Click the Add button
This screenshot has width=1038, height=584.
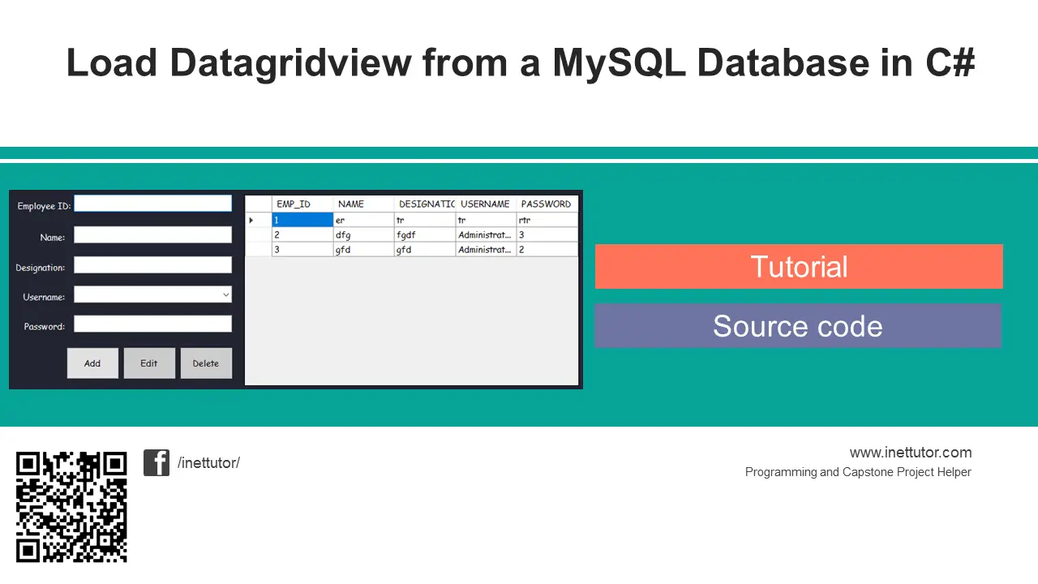[x=92, y=363]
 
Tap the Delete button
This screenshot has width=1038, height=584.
[x=206, y=363]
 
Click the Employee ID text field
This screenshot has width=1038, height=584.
[x=153, y=204]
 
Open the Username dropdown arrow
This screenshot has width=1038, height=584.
[x=225, y=294]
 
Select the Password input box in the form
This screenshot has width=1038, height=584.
[x=153, y=324]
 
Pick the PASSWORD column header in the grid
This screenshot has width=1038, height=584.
[x=547, y=204]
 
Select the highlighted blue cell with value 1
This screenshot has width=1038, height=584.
[x=302, y=220]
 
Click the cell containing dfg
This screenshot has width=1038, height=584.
[x=363, y=235]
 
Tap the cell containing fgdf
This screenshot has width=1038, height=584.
[x=424, y=235]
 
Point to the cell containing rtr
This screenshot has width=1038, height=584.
[x=547, y=220]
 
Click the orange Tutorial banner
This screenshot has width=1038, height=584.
[x=799, y=267]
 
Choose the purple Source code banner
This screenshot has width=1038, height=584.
[x=798, y=326]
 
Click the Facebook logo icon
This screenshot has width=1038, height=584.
[x=157, y=462]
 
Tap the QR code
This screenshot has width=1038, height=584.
[x=71, y=507]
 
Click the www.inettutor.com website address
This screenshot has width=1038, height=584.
[x=911, y=453]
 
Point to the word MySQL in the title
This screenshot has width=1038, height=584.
[x=619, y=63]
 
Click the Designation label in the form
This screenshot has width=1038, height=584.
[x=41, y=268]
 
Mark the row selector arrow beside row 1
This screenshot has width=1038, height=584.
[x=251, y=220]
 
